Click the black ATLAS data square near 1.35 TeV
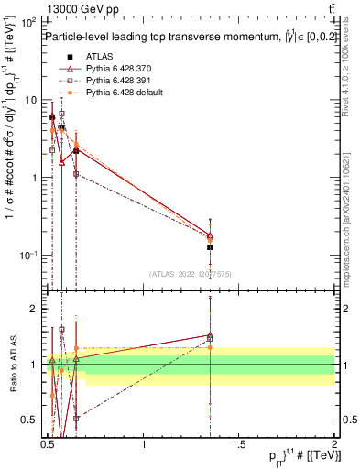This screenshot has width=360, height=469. point(211,247)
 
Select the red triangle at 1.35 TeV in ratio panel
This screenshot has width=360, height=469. point(211,336)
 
